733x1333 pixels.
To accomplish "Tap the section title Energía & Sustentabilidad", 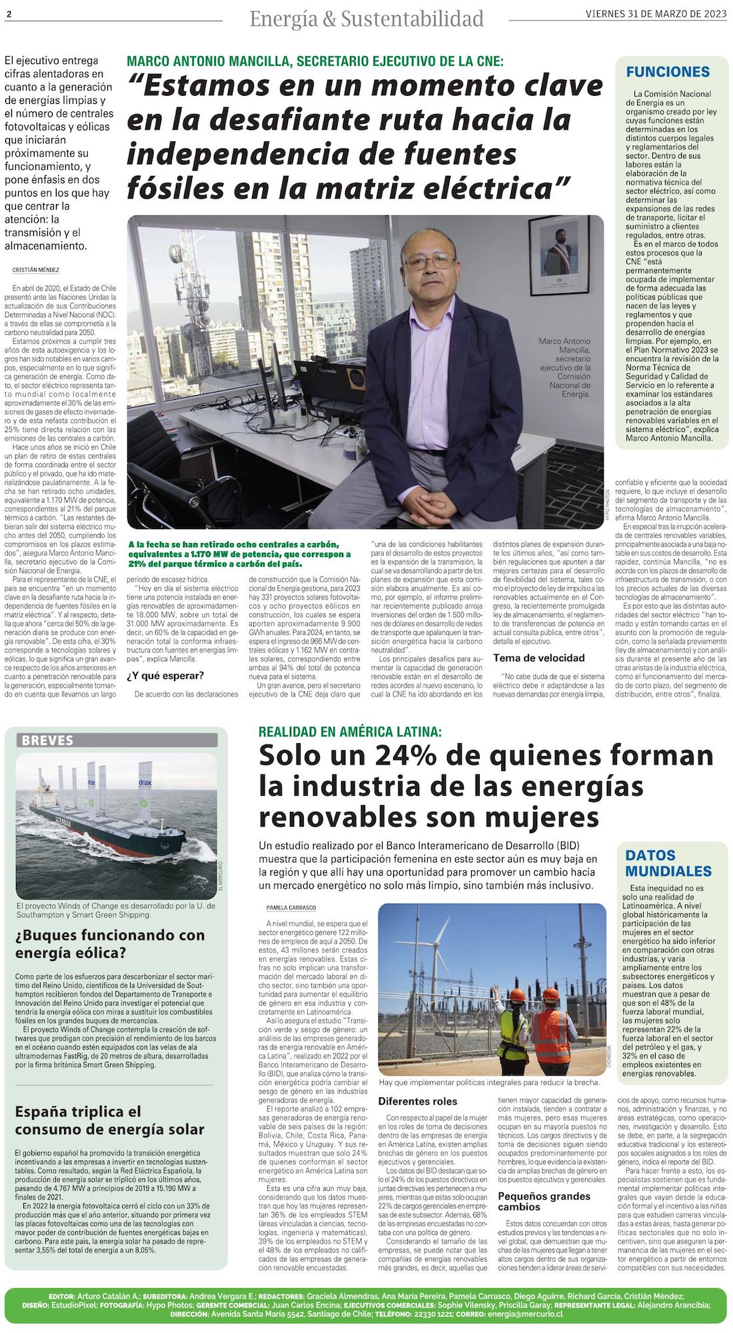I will point(366,19).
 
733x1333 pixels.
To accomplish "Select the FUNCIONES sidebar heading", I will point(668,72).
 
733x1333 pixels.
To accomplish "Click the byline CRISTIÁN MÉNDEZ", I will point(35,270).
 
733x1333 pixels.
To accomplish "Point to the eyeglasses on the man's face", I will point(430,260).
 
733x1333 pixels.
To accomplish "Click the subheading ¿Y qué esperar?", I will point(165,675).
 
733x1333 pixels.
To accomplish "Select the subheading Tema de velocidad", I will point(538,658).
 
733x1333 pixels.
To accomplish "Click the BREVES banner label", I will point(47,740).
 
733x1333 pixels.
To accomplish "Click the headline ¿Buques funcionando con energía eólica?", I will point(110,944).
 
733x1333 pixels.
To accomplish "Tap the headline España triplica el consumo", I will point(109,1120).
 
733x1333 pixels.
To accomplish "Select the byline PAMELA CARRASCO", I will point(291,908).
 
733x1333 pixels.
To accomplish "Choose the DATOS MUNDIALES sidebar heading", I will point(668,863).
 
